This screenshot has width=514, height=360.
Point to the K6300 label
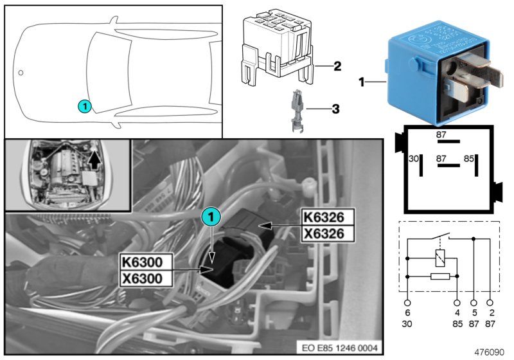146,262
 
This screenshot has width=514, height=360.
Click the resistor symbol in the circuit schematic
439,276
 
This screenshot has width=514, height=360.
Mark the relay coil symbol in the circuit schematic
439,259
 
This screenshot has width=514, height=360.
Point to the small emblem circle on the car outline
21,73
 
